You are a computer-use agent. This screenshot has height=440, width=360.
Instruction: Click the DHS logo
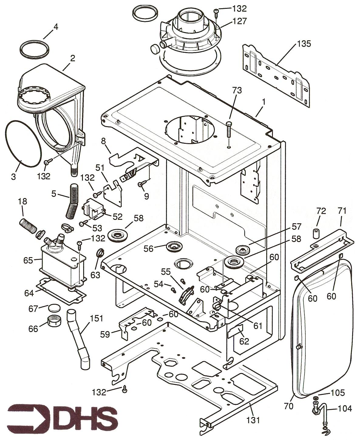coord(62,415)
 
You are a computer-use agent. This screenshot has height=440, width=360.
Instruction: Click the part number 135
coord(304,44)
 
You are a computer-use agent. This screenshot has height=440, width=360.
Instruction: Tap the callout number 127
coord(240,21)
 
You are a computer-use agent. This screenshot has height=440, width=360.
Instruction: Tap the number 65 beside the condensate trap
coord(28,260)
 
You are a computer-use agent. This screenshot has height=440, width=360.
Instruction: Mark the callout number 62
coord(244,341)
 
